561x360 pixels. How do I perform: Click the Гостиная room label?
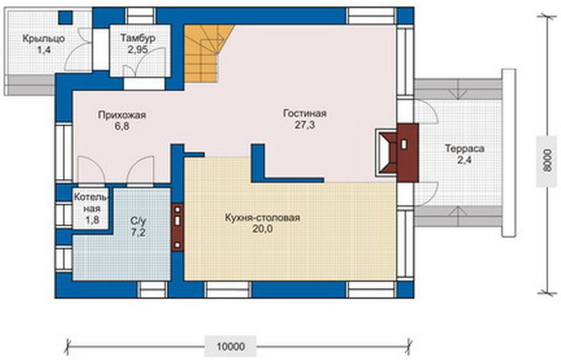click(x=305, y=113)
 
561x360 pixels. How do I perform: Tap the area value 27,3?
click(x=305, y=125)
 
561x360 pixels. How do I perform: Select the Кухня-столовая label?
click(x=262, y=218)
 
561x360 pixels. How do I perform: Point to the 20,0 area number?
click(x=263, y=229)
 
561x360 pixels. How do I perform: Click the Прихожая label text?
click(x=122, y=115)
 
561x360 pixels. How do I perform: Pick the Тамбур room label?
click(x=138, y=38)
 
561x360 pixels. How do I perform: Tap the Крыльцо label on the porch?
click(x=44, y=38)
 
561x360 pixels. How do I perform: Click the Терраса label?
click(x=464, y=149)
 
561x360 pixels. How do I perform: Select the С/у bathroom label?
click(x=138, y=221)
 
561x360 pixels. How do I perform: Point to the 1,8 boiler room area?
click(x=92, y=220)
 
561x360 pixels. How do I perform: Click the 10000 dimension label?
click(x=231, y=346)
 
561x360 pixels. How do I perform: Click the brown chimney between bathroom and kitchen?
click(x=178, y=227)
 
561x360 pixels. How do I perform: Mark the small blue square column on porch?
click(x=66, y=17)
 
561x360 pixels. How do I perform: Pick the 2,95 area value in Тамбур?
click(x=138, y=50)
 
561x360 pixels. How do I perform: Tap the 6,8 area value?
click(x=122, y=126)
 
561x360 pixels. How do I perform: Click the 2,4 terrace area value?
click(x=464, y=160)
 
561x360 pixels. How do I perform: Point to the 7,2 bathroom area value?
click(x=138, y=232)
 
